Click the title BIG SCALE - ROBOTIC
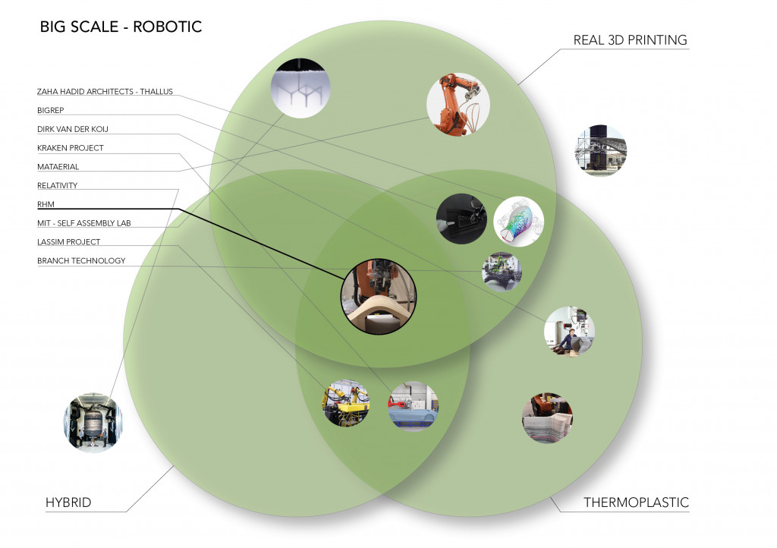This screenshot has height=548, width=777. click(121, 27)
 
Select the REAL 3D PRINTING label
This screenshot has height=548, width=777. click(630, 40)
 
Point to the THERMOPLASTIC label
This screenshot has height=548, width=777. click(636, 502)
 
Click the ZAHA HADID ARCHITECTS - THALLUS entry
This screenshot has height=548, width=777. click(105, 92)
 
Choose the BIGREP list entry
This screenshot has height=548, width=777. click(51, 110)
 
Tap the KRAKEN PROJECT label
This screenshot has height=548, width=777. click(71, 148)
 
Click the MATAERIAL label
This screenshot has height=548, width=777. click(58, 166)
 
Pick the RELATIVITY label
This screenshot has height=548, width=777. click(58, 185)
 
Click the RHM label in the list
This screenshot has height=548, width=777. click(46, 204)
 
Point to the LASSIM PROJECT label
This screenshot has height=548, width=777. click(69, 242)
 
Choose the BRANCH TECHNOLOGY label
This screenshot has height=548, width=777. click(81, 261)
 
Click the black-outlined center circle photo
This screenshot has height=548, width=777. click(372, 296)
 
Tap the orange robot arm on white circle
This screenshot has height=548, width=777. click(458, 104)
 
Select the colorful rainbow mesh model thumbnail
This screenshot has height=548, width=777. click(519, 222)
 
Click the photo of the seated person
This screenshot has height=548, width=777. click(569, 331)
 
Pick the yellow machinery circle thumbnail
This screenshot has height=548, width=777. click(345, 403)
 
